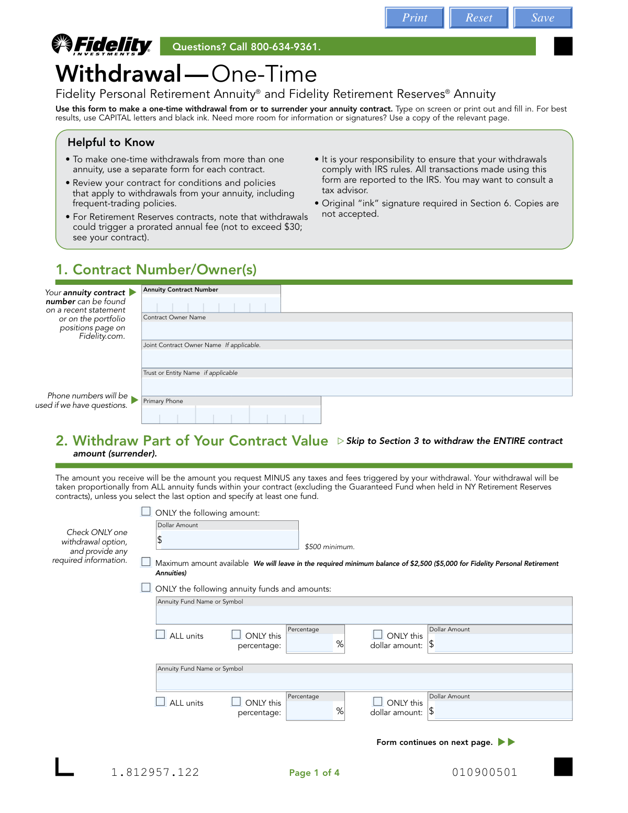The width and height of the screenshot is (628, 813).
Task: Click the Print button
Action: point(414,18)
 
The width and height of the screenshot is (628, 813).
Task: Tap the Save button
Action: point(543,18)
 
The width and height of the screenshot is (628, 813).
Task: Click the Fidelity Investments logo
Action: point(102,46)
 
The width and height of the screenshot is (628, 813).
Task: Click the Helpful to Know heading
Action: point(111,142)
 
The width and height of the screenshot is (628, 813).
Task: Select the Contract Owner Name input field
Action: point(356,330)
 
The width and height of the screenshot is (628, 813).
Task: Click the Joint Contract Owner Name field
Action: point(356,359)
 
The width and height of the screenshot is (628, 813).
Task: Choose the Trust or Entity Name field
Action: point(356,386)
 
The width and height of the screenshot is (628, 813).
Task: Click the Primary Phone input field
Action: point(231,415)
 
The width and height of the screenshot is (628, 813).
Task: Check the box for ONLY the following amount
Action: point(146,511)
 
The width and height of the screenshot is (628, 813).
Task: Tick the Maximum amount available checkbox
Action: point(146,562)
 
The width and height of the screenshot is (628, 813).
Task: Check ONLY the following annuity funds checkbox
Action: point(146,587)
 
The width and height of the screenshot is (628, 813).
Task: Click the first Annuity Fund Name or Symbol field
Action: point(364,615)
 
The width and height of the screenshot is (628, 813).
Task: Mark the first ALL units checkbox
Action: point(161,634)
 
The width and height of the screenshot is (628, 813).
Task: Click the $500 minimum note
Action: point(330,547)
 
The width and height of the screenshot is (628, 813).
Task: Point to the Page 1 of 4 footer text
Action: point(314,773)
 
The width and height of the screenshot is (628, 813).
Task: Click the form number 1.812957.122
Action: point(155,772)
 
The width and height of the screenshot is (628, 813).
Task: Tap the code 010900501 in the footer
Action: point(485,772)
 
